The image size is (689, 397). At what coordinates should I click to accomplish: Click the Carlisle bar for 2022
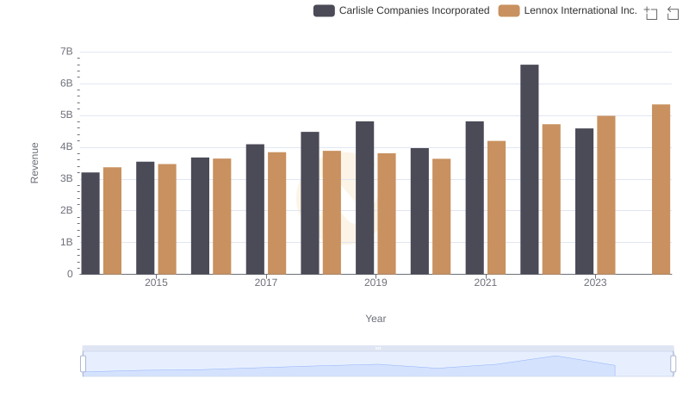pos(529,170)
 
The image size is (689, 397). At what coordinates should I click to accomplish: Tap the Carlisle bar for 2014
pos(90,223)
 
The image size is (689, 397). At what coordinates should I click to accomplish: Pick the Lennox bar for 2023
pos(606,195)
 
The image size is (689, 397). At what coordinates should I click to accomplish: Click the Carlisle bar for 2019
pos(364,198)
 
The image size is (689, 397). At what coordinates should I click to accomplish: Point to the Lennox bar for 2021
pos(496,208)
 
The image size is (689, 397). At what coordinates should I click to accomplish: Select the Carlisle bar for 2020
pos(419,211)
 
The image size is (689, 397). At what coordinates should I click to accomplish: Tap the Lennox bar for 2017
pos(276,214)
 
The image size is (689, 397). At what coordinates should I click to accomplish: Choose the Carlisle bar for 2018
pos(310,203)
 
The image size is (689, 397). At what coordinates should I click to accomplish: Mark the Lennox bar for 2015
pos(167,219)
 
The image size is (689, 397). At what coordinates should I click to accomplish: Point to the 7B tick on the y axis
pos(65,52)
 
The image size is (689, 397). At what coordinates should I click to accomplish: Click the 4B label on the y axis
pos(65,147)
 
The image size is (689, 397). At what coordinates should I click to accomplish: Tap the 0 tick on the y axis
pos(70,274)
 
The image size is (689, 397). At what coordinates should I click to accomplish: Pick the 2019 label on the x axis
pos(376,282)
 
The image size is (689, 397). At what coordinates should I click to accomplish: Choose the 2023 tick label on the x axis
pos(595,282)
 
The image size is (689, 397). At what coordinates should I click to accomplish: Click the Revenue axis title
pos(34,163)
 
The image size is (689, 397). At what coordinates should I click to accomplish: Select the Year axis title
pos(376,319)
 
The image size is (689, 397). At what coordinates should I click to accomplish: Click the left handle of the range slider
pos(84,363)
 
